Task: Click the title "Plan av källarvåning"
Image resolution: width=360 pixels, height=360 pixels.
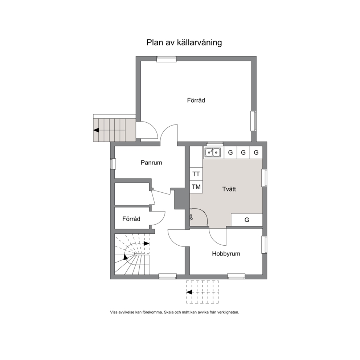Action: (x=184, y=43)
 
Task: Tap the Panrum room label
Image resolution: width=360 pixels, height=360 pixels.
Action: (x=151, y=163)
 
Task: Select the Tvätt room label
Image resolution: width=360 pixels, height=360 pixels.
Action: (x=229, y=189)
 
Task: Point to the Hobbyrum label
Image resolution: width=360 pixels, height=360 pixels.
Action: (x=226, y=254)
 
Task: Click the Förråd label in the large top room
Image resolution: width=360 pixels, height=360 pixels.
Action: (x=196, y=100)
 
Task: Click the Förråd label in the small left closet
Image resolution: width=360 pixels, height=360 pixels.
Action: (x=131, y=219)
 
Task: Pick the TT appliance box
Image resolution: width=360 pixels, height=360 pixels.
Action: (x=196, y=174)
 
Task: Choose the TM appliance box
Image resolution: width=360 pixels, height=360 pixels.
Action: (x=196, y=187)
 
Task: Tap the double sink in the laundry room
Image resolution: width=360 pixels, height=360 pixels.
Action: (x=213, y=152)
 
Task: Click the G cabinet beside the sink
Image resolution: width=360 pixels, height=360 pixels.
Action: (x=230, y=152)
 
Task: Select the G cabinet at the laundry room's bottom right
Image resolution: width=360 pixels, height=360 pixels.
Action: (x=247, y=220)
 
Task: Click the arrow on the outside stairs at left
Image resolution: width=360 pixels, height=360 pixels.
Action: (x=96, y=130)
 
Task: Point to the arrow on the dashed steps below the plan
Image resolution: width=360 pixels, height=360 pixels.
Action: (x=189, y=292)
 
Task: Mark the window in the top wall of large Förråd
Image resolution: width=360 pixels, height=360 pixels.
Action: (x=167, y=59)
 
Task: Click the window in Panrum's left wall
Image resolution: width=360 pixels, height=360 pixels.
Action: (x=113, y=164)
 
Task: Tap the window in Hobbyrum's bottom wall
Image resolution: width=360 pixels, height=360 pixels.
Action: (x=236, y=277)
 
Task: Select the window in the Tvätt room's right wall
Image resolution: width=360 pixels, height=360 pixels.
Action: (x=265, y=178)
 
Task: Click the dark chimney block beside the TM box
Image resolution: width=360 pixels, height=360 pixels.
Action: (x=180, y=199)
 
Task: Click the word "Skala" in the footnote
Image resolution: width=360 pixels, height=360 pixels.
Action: (x=169, y=312)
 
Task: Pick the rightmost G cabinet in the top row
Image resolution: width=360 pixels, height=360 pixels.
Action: (x=256, y=152)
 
